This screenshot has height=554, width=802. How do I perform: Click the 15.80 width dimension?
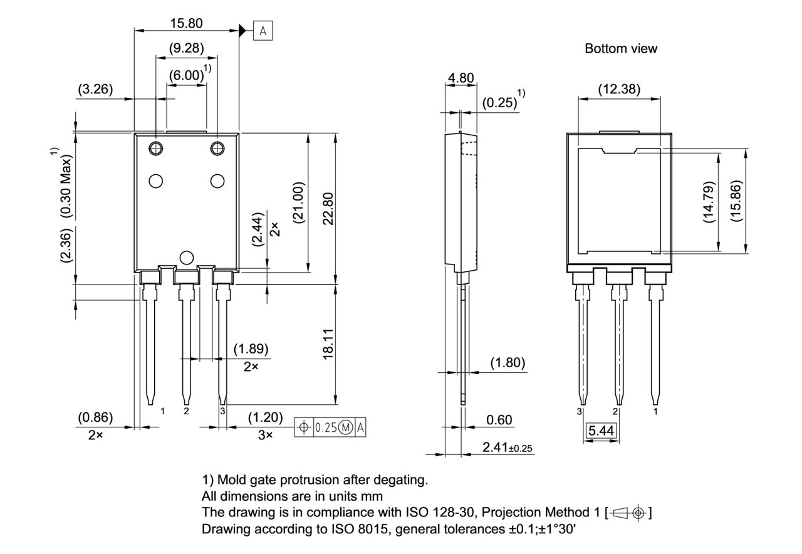click(x=186, y=23)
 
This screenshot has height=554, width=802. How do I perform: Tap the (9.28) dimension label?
click(x=186, y=48)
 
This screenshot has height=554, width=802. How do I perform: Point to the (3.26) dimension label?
click(x=95, y=89)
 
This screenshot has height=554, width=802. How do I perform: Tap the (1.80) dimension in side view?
click(x=507, y=363)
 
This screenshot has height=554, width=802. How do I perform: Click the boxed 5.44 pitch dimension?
click(x=600, y=431)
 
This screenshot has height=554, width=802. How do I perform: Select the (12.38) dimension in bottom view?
click(x=619, y=89)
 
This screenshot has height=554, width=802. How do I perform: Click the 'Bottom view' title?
click(x=621, y=48)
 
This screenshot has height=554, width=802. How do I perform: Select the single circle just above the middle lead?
click(x=186, y=257)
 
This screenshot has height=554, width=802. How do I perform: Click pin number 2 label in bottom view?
click(x=615, y=411)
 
